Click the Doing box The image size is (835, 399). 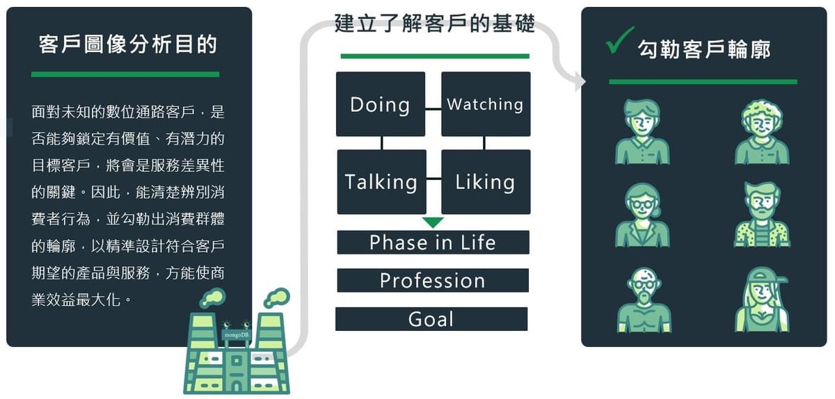tap(381, 104)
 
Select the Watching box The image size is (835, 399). tap(486, 104)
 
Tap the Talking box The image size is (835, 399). tap(381, 181)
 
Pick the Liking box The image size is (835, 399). tap(486, 181)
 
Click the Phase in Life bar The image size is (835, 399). tap(433, 243)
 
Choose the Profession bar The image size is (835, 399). tap(433, 281)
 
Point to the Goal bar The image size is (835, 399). tap(431, 319)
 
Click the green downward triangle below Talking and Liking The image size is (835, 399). tap(433, 222)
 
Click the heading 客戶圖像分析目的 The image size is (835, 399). tap(129, 45)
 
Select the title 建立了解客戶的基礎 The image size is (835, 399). tap(435, 24)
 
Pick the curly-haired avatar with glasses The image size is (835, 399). tap(762, 131)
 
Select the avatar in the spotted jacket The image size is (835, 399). tap(762, 215)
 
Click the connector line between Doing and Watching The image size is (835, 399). tap(434, 108)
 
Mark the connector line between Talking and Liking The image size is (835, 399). tap(434, 179)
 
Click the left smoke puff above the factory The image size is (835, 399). tap(212, 298)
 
